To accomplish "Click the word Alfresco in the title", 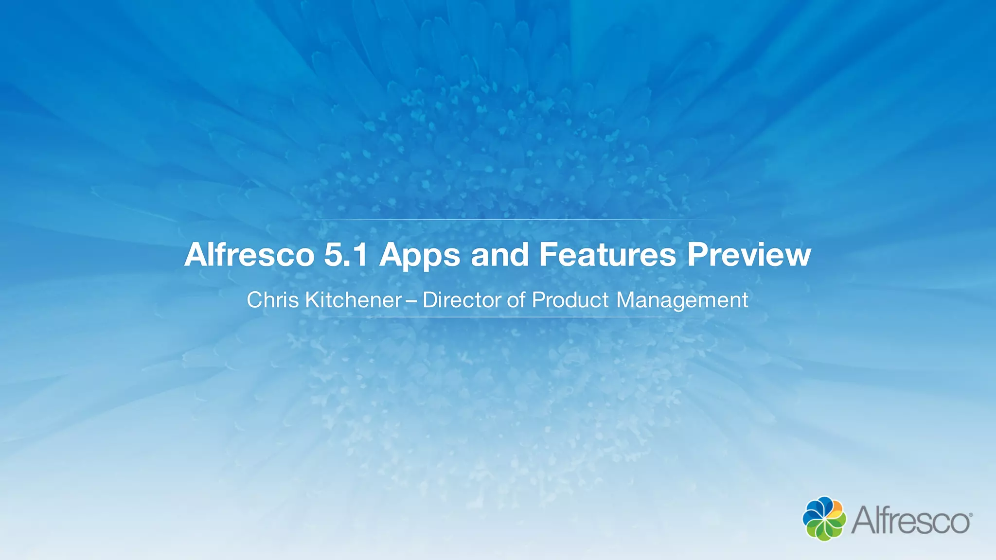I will pyautogui.click(x=249, y=254).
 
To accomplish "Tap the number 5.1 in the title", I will pyautogui.click(x=345, y=254).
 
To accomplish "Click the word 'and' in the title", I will pyautogui.click(x=499, y=254).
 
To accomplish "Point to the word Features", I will pyautogui.click(x=607, y=254).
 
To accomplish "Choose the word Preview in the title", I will pyautogui.click(x=749, y=254).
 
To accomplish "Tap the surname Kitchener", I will pyautogui.click(x=354, y=300).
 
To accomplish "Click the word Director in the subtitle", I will pyautogui.click(x=462, y=300).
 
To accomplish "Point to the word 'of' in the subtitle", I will pyautogui.click(x=516, y=300).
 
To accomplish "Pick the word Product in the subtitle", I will pyautogui.click(x=570, y=300).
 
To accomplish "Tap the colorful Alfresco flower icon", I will pyautogui.click(x=824, y=518).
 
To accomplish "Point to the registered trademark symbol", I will pyautogui.click(x=971, y=514).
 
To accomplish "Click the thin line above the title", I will pyautogui.click(x=498, y=220).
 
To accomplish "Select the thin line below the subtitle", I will pyautogui.click(x=498, y=317).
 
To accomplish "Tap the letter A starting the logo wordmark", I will pyautogui.click(x=863, y=520).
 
